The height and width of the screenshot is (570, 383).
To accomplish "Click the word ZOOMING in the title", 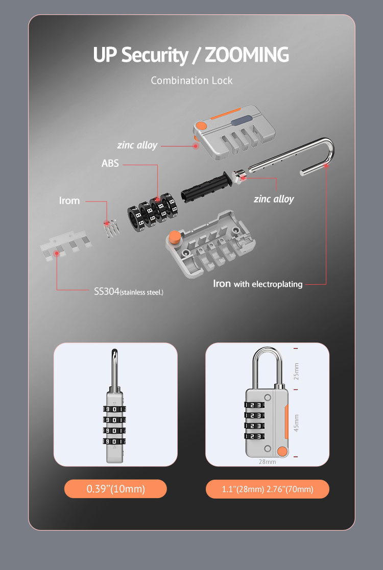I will [x=247, y=55].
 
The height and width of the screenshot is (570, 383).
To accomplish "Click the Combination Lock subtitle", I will [x=192, y=81].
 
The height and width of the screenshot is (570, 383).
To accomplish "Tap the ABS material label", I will [x=110, y=164].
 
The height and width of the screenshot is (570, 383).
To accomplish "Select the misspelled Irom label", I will [x=69, y=201].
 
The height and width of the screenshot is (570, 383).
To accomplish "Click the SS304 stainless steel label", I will [x=128, y=291].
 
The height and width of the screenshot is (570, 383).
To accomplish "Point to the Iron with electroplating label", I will [x=257, y=284].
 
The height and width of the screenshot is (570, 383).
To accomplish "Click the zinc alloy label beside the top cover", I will [x=137, y=145].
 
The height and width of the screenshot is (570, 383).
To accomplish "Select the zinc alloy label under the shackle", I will [x=274, y=199].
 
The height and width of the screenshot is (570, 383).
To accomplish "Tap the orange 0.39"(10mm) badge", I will [x=115, y=489].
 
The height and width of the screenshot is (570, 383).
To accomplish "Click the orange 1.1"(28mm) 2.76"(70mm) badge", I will [x=267, y=489].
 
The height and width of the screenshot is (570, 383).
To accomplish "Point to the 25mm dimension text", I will [x=297, y=371].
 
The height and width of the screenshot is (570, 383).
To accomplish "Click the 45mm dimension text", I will [x=297, y=423].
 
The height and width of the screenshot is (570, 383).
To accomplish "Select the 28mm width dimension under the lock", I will [x=267, y=462].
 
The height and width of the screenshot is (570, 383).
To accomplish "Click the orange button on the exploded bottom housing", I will [x=175, y=237].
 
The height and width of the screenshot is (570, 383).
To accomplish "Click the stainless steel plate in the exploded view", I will [x=64, y=248].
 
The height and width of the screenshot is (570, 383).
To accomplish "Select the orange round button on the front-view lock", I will [x=281, y=451].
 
